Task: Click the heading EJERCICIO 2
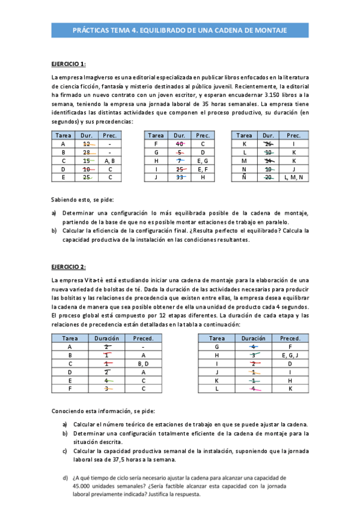[69, 266]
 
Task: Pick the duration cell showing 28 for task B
[87, 153]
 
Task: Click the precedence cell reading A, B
[110, 161]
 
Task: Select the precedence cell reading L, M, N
[293, 178]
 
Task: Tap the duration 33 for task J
[180, 178]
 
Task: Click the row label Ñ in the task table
[244, 178]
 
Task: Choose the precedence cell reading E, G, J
[290, 355]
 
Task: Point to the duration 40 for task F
[180, 144]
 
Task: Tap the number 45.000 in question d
[82, 487]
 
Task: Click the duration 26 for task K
[269, 144]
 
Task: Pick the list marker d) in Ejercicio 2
[65, 478]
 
